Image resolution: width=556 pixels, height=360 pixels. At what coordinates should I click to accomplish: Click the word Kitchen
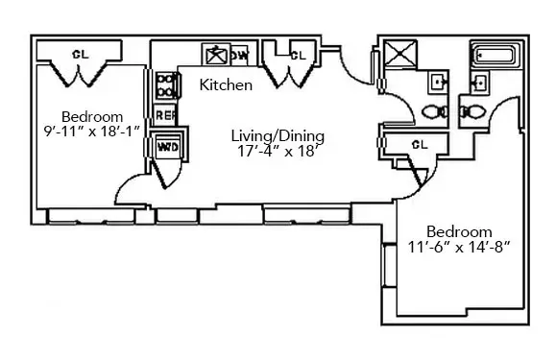[226, 85]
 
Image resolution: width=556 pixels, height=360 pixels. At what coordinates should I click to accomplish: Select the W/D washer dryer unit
[166, 147]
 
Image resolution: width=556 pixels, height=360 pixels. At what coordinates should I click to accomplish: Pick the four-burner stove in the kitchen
[165, 86]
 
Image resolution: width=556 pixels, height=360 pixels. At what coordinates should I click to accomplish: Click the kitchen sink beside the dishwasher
[213, 55]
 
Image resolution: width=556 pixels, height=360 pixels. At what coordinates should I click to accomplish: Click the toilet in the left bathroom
[435, 111]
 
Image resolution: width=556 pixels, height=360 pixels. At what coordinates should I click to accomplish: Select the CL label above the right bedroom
[418, 144]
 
